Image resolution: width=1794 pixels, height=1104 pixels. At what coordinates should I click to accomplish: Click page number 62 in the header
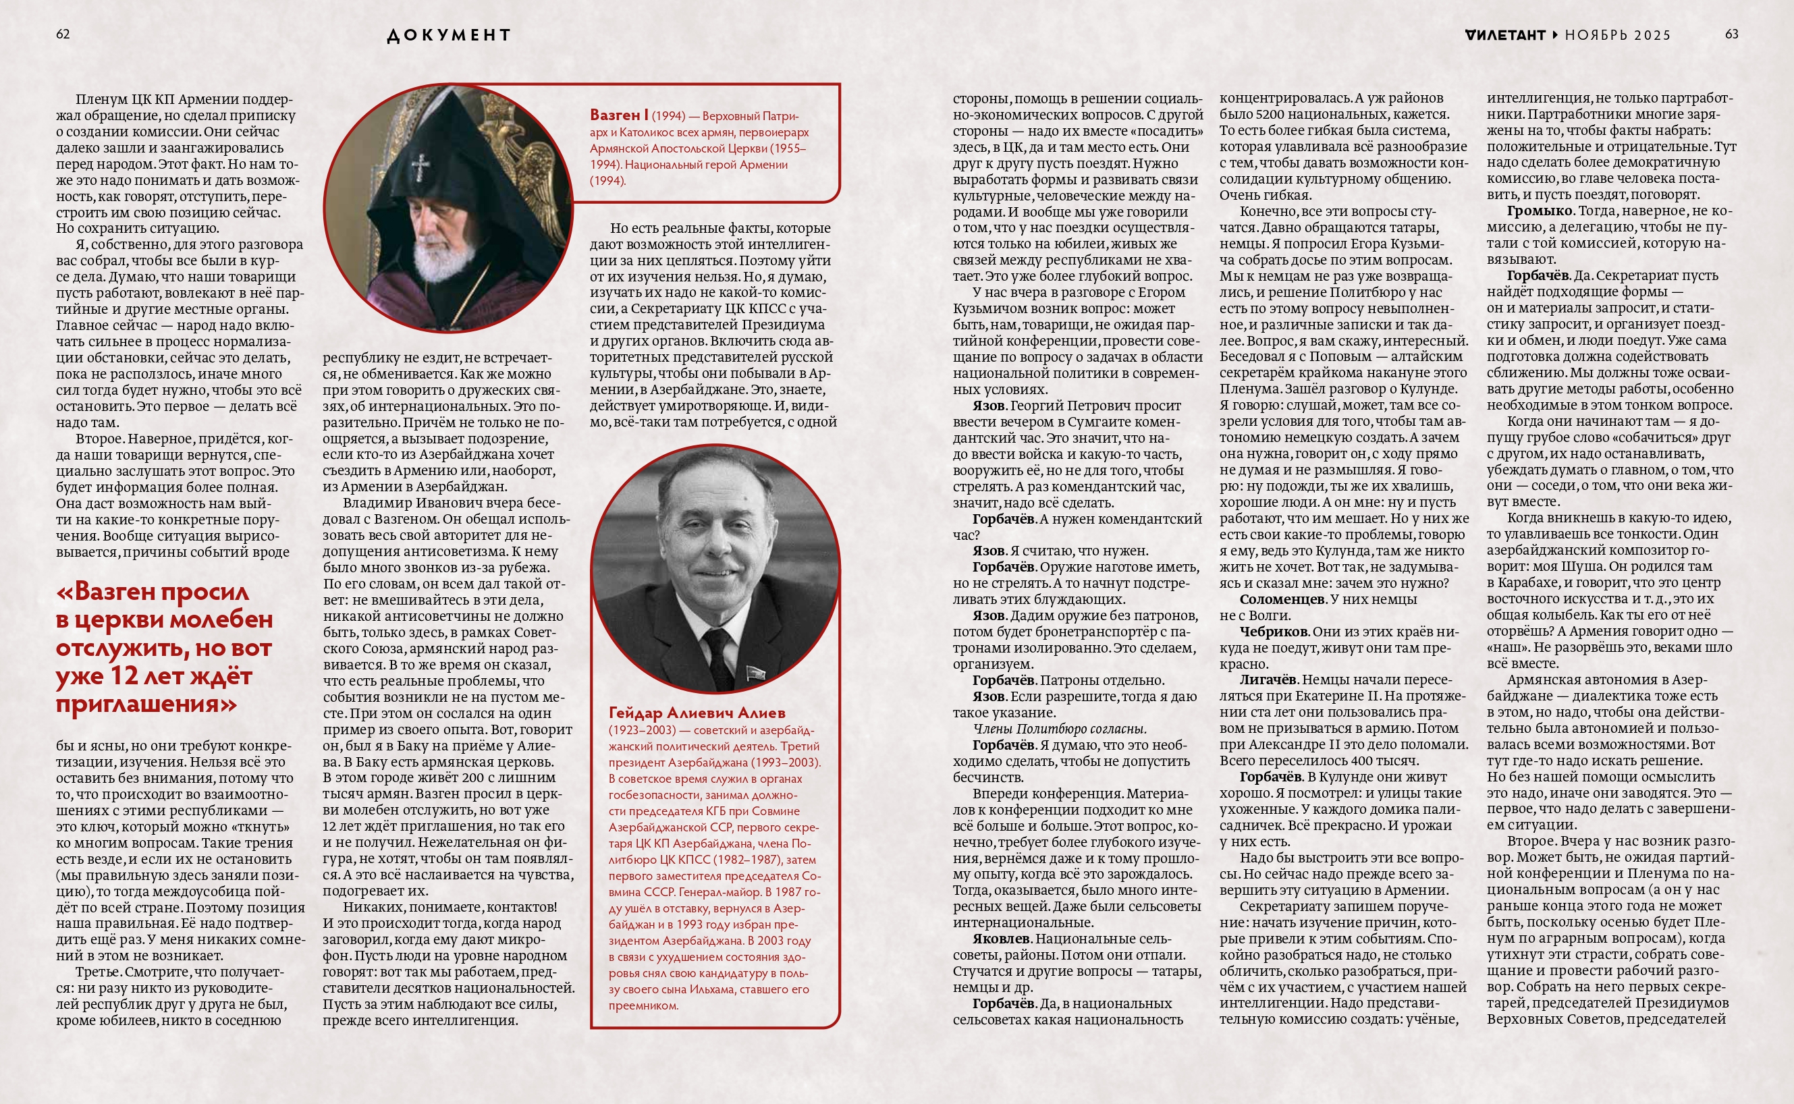tap(63, 34)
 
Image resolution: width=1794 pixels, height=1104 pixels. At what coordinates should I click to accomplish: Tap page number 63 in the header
tap(1731, 34)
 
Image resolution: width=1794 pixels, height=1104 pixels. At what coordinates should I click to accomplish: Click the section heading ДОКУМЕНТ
tap(448, 35)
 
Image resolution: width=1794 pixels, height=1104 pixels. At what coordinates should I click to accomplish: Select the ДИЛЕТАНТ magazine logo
tap(1505, 35)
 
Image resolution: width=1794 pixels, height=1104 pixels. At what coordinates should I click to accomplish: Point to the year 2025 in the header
tap(1652, 35)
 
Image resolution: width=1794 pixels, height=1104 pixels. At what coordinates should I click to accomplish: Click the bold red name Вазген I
tap(618, 115)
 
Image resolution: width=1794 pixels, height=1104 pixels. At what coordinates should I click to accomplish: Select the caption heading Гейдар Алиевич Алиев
tap(697, 713)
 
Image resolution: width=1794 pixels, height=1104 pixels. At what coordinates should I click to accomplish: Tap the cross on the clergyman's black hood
tap(420, 167)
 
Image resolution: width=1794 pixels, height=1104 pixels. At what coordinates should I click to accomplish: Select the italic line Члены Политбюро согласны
tap(1060, 729)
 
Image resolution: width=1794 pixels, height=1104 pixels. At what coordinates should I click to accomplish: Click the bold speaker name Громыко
tap(1539, 211)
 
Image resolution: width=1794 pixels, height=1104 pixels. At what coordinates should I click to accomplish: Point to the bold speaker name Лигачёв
tap(1267, 680)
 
